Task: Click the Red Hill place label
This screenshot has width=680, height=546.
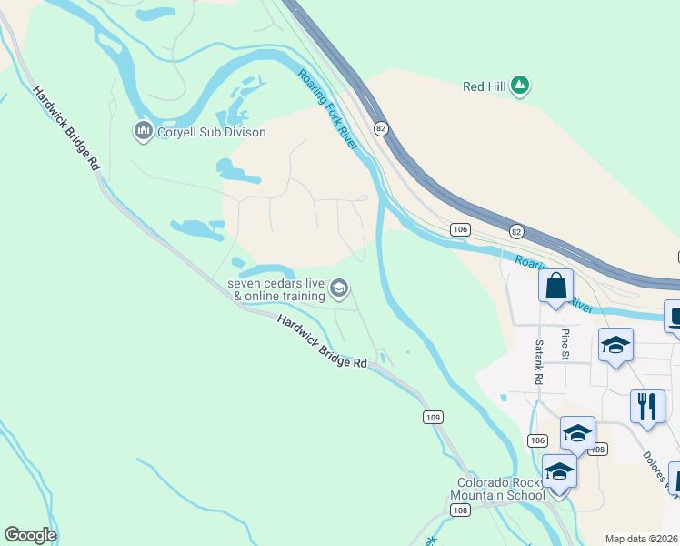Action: [x=484, y=86]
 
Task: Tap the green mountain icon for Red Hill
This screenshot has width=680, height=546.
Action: [x=520, y=86]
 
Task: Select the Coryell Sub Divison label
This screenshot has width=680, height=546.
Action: [x=211, y=133]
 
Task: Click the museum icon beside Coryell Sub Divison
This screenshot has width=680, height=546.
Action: [x=143, y=133]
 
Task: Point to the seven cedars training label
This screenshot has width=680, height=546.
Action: [x=276, y=289]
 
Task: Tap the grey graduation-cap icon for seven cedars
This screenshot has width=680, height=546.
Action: [x=340, y=289]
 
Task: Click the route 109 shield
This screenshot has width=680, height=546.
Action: [x=433, y=417]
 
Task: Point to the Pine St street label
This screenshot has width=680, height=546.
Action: [x=565, y=344]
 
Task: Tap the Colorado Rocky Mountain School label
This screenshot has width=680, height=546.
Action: [x=501, y=489]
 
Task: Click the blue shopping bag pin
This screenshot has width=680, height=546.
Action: [x=555, y=286]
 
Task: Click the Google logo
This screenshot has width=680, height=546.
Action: [x=30, y=535]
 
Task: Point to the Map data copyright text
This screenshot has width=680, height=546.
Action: [x=642, y=539]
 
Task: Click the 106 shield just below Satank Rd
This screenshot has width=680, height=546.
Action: [x=537, y=440]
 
